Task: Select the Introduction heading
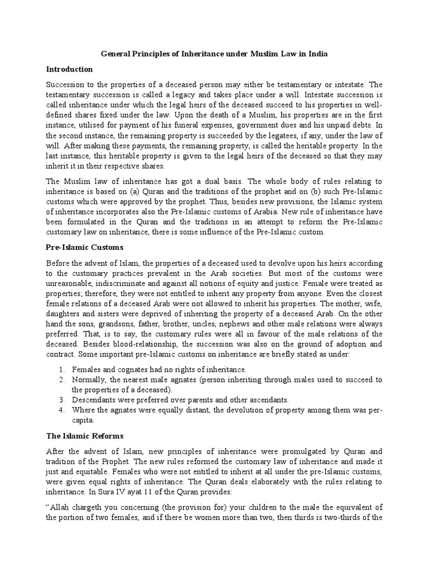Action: (x=69, y=69)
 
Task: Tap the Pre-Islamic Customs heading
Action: (x=84, y=246)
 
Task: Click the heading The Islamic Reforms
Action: (x=84, y=435)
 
